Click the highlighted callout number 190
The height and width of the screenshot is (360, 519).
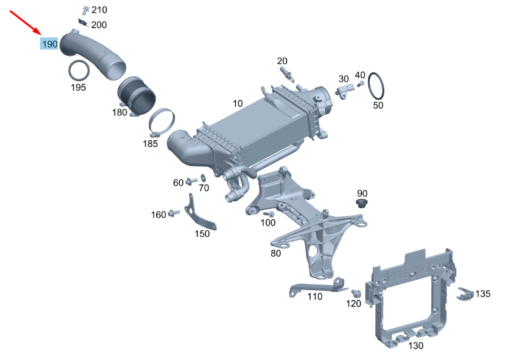(50, 44)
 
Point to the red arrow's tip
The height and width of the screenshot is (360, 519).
(41, 34)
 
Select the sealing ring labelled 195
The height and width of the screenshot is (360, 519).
(79, 70)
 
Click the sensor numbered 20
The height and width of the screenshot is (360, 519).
(288, 74)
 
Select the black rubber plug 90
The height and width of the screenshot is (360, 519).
(362, 204)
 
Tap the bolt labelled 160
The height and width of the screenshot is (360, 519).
(172, 215)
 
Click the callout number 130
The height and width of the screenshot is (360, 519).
(415, 346)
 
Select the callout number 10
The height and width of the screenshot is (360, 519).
(238, 103)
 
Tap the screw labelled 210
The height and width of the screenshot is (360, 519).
(84, 10)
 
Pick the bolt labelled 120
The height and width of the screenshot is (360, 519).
(356, 293)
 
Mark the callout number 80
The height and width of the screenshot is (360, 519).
(275, 253)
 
